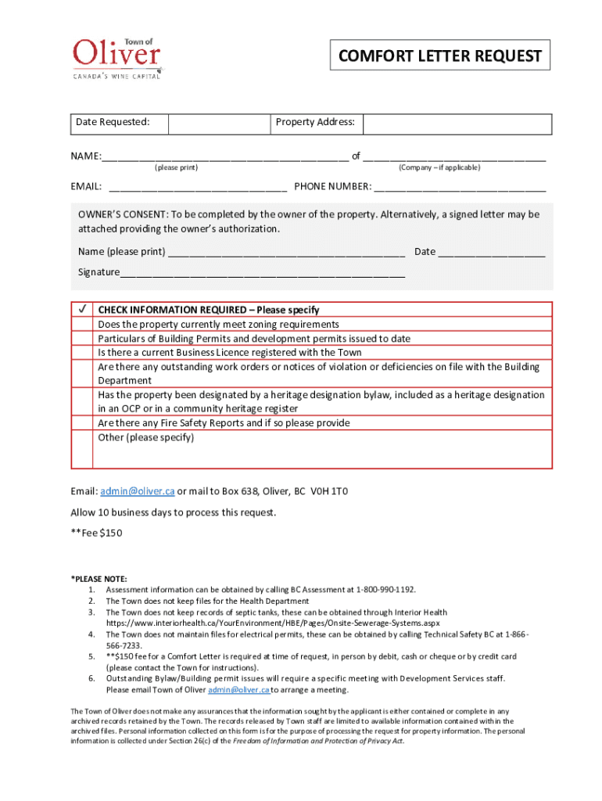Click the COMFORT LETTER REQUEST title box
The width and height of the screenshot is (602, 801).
(439, 56)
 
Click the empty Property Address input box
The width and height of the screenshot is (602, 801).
(457, 124)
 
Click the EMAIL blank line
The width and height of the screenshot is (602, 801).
(198, 187)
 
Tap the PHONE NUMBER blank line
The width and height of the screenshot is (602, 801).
(460, 187)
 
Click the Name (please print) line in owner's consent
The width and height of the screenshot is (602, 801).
(286, 252)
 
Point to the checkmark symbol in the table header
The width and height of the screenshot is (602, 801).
(81, 310)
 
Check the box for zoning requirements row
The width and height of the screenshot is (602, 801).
(81, 324)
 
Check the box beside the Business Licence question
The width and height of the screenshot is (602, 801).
(81, 352)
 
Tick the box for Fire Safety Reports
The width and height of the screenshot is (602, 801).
(81, 422)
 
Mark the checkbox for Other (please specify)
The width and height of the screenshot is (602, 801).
(81, 449)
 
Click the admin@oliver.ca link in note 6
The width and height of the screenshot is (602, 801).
(239, 690)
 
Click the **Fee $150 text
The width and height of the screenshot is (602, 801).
(97, 533)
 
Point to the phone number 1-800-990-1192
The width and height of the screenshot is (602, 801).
(385, 590)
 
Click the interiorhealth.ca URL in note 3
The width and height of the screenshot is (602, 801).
(273, 623)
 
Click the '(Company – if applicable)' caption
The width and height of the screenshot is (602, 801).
(439, 167)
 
